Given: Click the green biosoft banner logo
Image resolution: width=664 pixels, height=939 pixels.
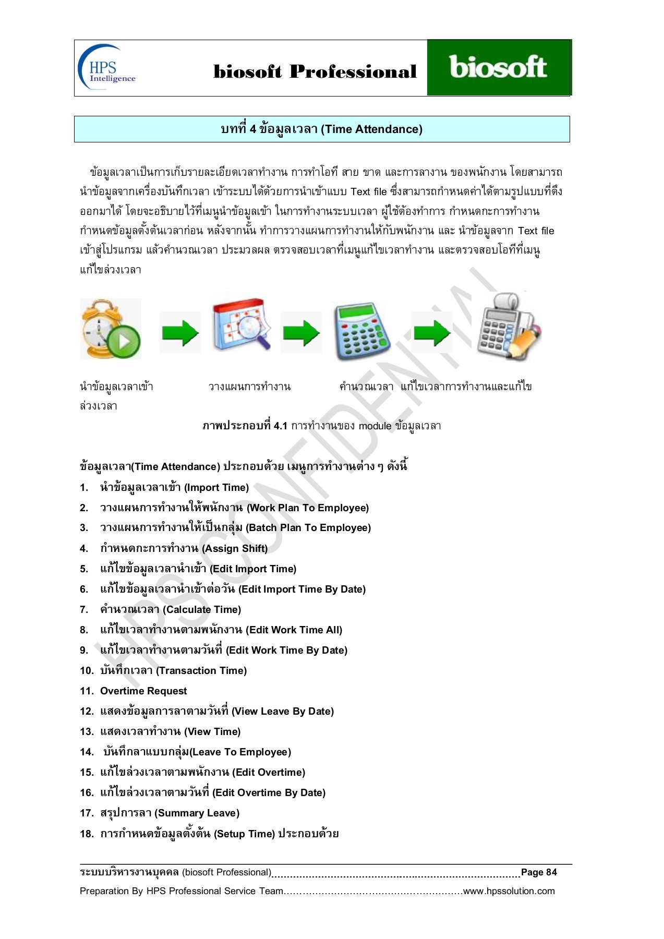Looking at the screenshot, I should click(x=498, y=68).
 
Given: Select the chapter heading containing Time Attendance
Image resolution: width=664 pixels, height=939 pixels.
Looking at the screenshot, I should click(x=321, y=129).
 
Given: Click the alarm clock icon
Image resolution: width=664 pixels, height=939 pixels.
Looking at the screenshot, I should click(x=110, y=329).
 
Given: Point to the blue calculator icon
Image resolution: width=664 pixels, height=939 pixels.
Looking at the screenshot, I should click(x=362, y=331).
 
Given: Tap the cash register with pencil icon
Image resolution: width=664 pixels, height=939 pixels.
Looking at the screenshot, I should click(x=509, y=328).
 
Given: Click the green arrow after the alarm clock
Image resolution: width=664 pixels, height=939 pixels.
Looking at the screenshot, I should click(x=180, y=333).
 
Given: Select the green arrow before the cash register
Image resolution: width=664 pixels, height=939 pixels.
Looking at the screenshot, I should click(x=432, y=332).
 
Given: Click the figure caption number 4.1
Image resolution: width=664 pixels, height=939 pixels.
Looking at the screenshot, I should click(x=280, y=426).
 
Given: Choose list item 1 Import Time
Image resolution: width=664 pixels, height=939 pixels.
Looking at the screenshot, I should click(x=174, y=487).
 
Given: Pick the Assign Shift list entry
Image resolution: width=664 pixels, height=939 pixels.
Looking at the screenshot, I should click(x=184, y=548).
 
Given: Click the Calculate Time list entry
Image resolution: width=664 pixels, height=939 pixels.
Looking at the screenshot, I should click(x=171, y=609).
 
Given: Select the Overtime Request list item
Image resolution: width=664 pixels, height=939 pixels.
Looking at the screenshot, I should click(x=143, y=691).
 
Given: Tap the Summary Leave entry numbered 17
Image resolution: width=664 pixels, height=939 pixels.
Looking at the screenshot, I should click(x=170, y=813).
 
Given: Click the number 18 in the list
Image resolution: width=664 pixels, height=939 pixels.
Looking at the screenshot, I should click(x=87, y=834).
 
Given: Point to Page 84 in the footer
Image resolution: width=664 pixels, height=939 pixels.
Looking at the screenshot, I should click(x=539, y=872).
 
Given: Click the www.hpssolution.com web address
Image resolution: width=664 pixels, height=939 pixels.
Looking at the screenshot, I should click(x=509, y=891).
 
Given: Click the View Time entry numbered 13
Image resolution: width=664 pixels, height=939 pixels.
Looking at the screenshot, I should click(x=170, y=731).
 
